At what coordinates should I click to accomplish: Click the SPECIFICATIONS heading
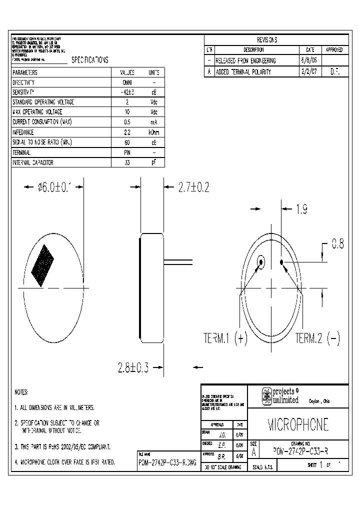(x=90, y=60)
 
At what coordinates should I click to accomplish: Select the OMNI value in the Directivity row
(x=127, y=82)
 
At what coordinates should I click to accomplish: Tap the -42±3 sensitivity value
(x=127, y=92)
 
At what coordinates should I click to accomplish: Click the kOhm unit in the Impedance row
(x=153, y=132)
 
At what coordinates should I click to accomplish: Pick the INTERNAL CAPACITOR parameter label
(x=33, y=162)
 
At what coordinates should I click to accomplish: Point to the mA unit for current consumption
(x=153, y=122)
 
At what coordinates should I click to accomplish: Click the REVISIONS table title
(x=267, y=40)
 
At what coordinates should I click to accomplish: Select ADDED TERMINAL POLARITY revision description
(x=243, y=72)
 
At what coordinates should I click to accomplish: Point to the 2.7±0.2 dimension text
(x=193, y=187)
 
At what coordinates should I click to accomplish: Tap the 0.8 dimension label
(x=338, y=244)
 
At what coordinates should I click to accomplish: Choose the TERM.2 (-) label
(x=317, y=338)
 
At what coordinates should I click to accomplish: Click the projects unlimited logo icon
(x=267, y=396)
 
